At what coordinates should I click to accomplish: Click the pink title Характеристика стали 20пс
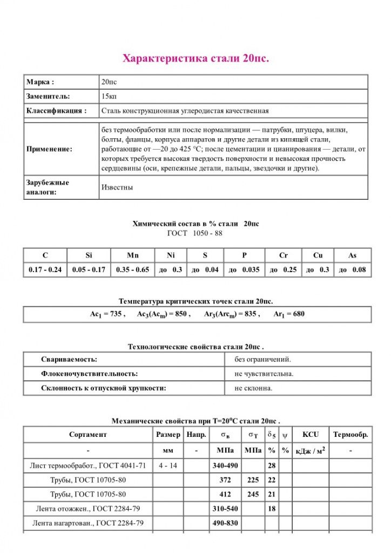[x=195, y=58]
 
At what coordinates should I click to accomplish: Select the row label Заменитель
[x=48, y=97]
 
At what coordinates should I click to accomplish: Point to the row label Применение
[x=49, y=149]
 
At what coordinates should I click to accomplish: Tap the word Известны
[x=117, y=187]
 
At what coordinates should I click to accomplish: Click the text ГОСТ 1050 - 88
[x=195, y=233]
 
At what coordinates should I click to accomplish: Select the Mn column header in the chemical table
[x=132, y=255]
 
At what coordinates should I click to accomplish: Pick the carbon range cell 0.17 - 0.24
[x=45, y=269]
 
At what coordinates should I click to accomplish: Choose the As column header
[x=352, y=255]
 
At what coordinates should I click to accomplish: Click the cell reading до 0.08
[x=352, y=269]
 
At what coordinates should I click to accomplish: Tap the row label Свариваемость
[x=69, y=359]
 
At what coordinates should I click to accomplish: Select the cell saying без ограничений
[x=263, y=359]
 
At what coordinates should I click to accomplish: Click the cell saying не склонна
[x=254, y=388]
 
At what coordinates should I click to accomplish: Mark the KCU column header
[x=311, y=435]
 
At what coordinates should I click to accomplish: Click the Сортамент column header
[x=88, y=435]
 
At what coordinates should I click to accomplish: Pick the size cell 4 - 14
[x=167, y=465]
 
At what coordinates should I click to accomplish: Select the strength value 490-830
[x=224, y=523]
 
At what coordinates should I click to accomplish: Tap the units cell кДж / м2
[x=311, y=450]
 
